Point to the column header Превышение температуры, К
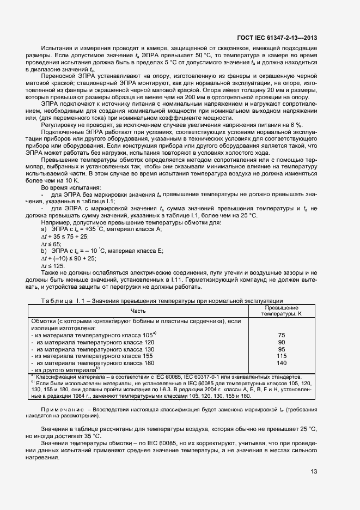tap(281, 311)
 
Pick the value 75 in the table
tap(281, 335)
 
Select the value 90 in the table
tap(281, 342)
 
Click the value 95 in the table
tap(281, 349)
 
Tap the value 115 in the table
tap(281, 356)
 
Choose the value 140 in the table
tap(281, 363)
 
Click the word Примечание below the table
tap(60, 408)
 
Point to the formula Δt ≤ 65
tap(53, 245)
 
